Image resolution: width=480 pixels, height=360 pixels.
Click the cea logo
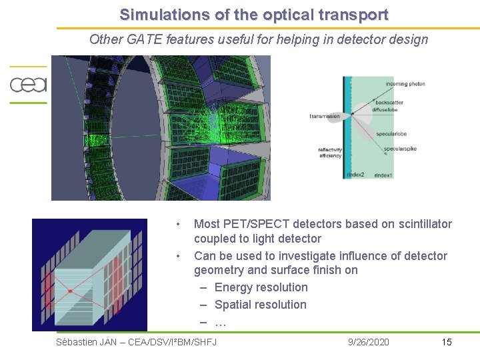click(28, 85)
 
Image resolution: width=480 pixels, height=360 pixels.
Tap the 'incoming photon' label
click(405, 84)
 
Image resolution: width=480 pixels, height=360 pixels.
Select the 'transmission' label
click(325, 117)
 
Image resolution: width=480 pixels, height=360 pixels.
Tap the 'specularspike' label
click(400, 149)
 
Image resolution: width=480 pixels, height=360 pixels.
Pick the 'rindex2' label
click(355, 175)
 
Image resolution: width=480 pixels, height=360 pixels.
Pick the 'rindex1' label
click(383, 175)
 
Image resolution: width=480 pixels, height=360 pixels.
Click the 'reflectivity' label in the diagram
click(330, 150)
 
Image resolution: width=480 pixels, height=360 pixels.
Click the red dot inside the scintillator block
click(69, 291)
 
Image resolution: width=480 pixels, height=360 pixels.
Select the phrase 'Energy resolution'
click(261, 287)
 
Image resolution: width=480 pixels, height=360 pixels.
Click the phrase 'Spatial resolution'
click(260, 305)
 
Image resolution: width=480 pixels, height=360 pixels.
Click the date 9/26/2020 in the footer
click(369, 342)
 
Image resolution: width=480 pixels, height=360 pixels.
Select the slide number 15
click(447, 342)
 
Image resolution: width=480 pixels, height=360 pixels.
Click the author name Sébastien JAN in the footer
click(87, 342)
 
